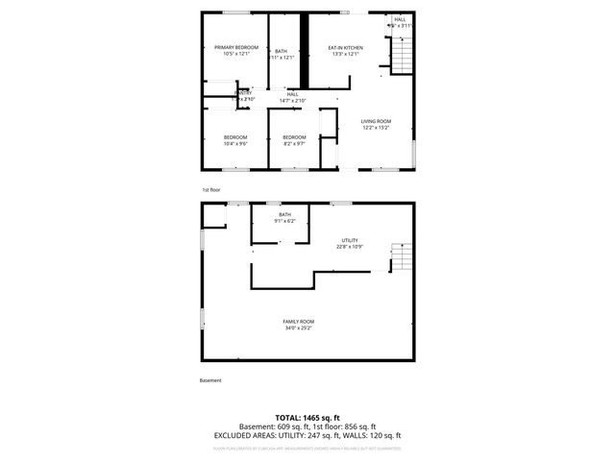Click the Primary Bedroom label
tap(235, 47)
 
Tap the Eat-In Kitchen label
tap(345, 47)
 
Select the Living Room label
tap(376, 121)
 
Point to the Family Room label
tap(298, 321)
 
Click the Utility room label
tap(350, 240)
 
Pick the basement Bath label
tap(284, 215)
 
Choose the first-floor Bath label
tap(281, 51)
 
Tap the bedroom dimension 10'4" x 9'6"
tap(235, 144)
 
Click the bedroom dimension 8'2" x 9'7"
tap(294, 144)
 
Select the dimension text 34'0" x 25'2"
tap(298, 328)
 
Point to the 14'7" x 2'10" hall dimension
tap(292, 100)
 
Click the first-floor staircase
tap(403, 56)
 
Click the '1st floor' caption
tap(211, 190)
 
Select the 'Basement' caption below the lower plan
tap(210, 380)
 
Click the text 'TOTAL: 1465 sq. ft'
tap(307, 418)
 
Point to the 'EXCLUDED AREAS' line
tap(307, 435)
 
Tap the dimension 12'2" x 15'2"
tap(376, 128)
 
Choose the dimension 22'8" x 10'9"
tap(350, 247)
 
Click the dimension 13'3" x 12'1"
tap(345, 54)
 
